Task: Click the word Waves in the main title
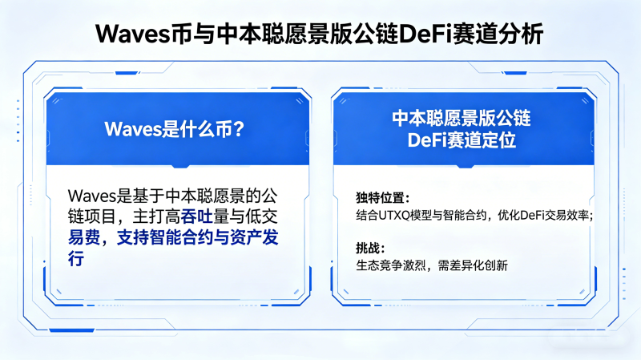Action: [x=133, y=34]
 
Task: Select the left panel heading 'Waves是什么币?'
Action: [x=175, y=129]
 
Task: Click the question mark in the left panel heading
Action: [x=238, y=129]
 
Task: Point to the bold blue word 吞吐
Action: [x=196, y=216]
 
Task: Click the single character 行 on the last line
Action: [x=76, y=258]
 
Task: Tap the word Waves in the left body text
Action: [x=92, y=196]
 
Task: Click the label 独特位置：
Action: [x=383, y=197]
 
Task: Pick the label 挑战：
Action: [x=370, y=248]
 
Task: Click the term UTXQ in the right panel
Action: [x=394, y=215]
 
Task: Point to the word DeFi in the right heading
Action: [x=427, y=140]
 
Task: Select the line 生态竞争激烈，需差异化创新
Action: [x=432, y=265]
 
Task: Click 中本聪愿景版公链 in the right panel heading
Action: [x=462, y=119]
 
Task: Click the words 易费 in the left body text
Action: [x=84, y=237]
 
